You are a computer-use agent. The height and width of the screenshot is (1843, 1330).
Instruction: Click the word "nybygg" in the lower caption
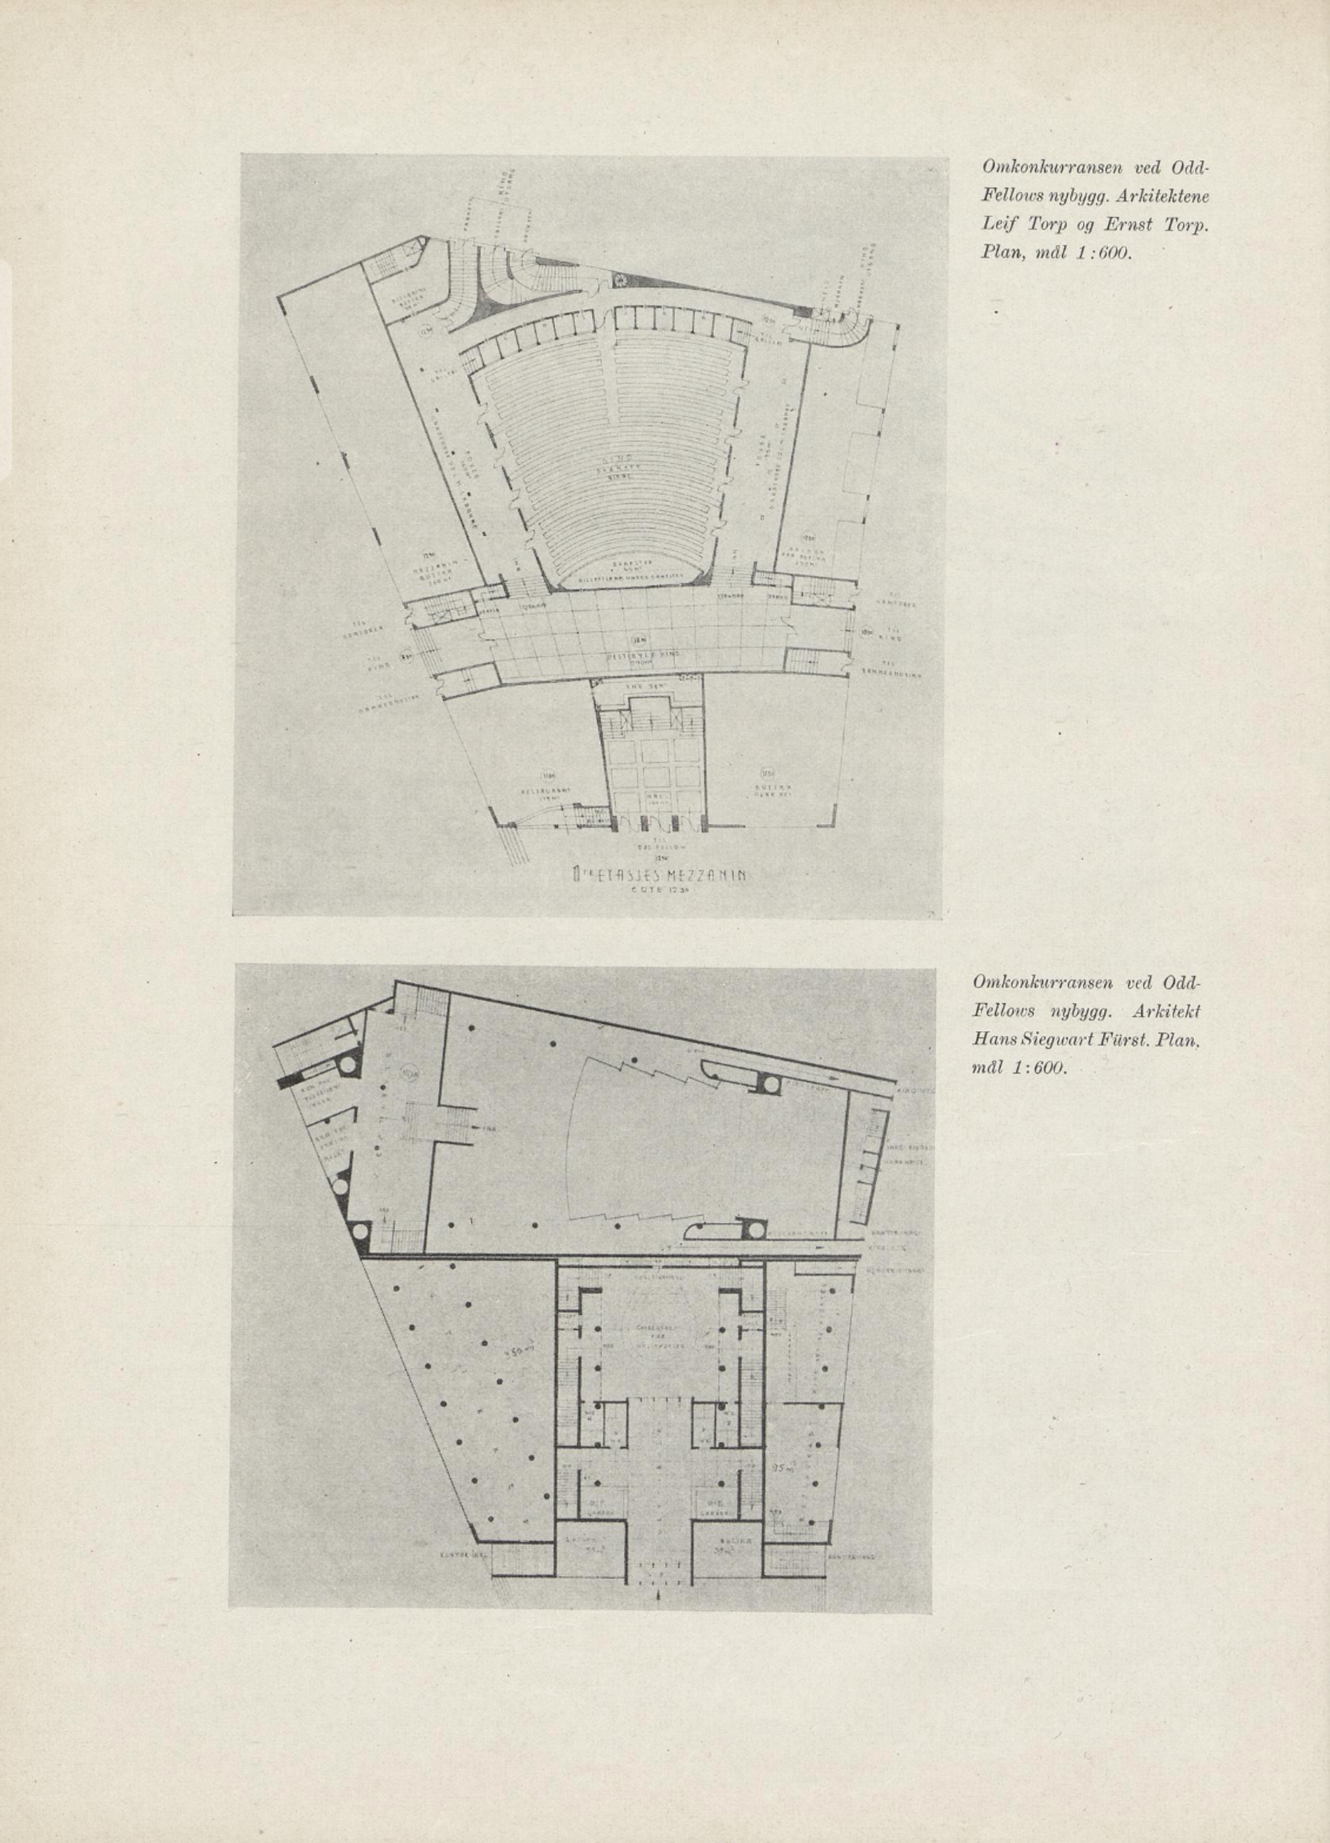[1076, 1011]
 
